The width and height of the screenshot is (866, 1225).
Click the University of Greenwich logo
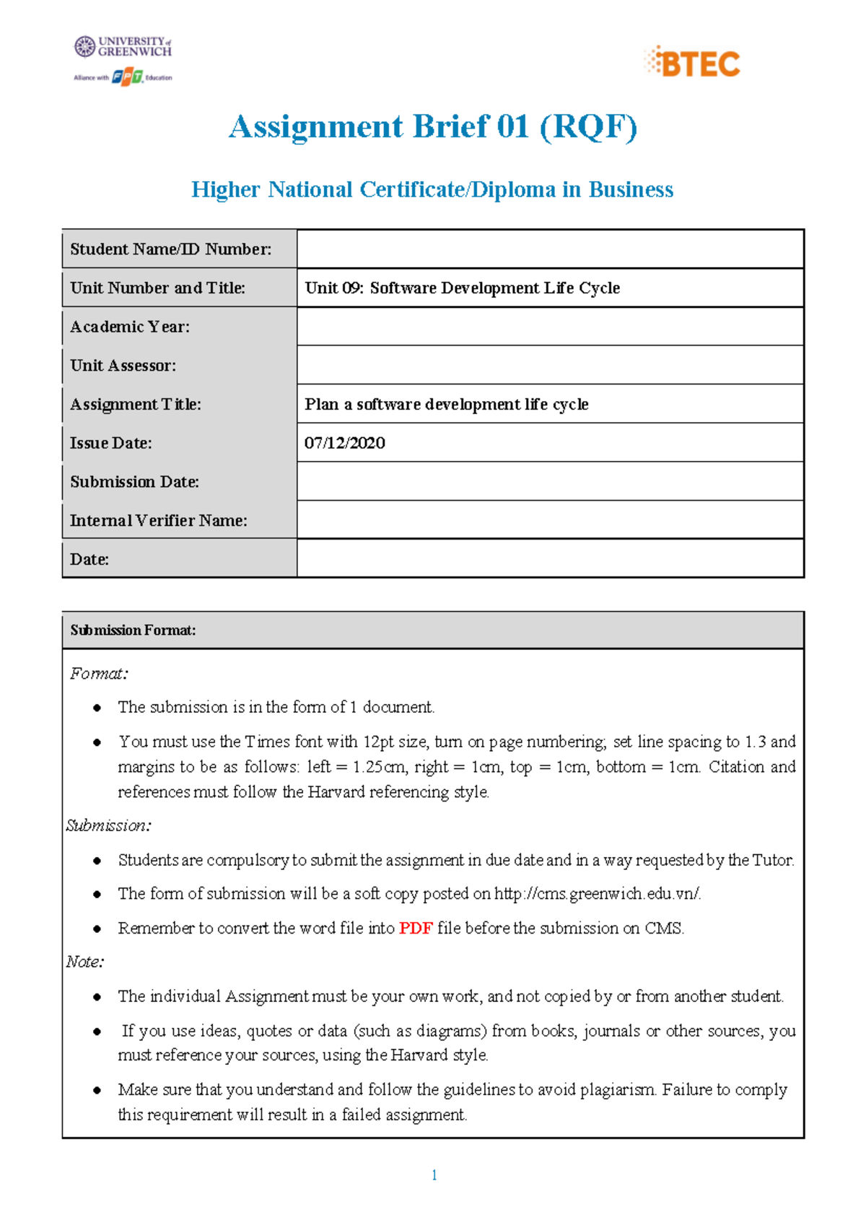(123, 47)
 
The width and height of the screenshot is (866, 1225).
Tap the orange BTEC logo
(692, 63)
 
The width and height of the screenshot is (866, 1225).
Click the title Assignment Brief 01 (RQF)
(433, 127)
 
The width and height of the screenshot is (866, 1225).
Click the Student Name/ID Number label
(171, 250)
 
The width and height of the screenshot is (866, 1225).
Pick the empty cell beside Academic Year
(550, 327)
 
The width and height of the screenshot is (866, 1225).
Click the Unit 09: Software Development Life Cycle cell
(463, 288)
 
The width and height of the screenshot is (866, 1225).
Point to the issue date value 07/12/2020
(345, 443)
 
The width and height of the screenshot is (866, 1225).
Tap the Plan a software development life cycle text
(447, 405)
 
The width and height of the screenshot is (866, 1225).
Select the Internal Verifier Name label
(159, 521)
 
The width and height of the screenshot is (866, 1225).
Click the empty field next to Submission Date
(550, 482)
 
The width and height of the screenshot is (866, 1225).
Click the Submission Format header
(134, 631)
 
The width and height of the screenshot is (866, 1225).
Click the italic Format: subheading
(99, 674)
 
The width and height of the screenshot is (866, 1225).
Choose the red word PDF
(416, 928)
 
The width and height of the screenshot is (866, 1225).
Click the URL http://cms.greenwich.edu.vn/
(598, 894)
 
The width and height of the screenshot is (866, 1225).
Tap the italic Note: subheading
(85, 962)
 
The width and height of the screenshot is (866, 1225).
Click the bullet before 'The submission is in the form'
(97, 708)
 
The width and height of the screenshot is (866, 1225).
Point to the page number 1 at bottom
(434, 1175)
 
